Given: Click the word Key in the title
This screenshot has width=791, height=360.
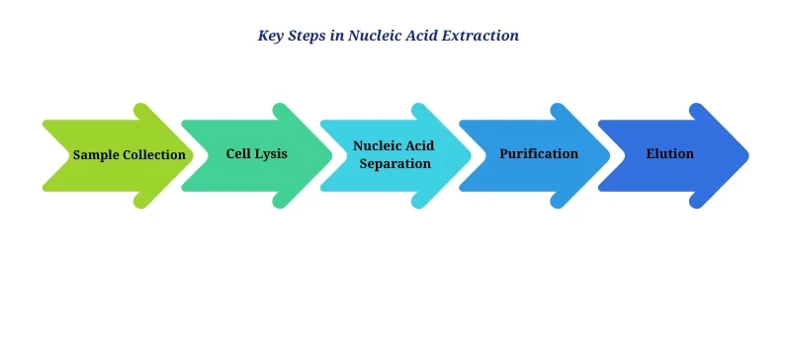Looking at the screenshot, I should coord(271,36).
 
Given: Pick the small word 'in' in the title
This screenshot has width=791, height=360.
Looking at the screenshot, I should coord(340,36).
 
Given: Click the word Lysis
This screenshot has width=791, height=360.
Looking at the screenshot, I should coord(272,154).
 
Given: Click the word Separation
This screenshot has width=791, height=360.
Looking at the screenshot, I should coord(395,163).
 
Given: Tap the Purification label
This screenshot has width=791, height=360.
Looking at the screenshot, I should coord(539,154).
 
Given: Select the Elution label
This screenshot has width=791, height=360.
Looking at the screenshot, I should coord(669,154).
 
